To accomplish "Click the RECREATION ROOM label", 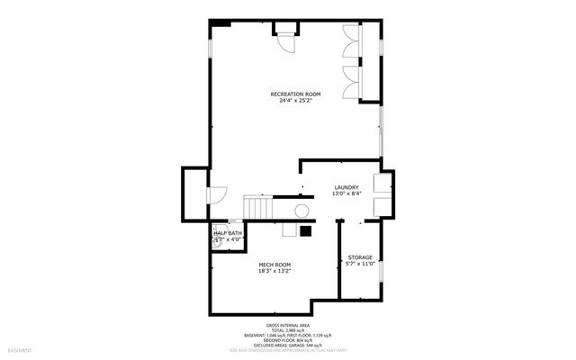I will click(295, 94).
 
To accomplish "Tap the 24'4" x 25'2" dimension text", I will click(295, 101).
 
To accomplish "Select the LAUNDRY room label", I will click(346, 187).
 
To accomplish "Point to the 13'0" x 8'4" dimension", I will click(346, 193).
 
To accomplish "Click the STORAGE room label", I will click(359, 257).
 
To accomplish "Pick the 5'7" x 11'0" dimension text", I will click(359, 265).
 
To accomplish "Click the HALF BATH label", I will click(226, 233).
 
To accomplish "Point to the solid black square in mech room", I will click(306, 229).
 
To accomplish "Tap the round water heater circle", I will click(302, 211).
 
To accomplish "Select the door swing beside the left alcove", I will click(219, 195).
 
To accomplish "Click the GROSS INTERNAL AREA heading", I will click(287, 324).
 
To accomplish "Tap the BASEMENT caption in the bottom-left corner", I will click(20, 349).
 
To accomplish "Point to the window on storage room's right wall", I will click(382, 270).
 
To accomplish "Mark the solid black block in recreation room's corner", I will click(220, 23).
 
